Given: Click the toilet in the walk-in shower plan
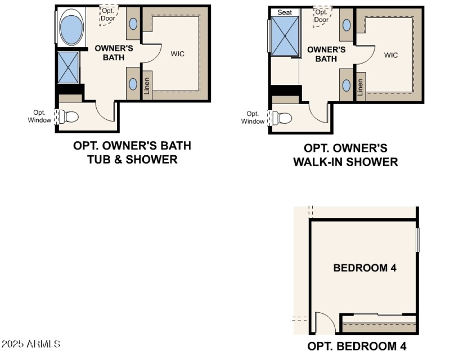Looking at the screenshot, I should (283, 119).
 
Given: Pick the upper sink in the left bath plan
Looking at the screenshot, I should (133, 24).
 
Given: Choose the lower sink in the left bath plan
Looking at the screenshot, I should (133, 84).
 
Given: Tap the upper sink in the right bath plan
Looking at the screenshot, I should (347, 25).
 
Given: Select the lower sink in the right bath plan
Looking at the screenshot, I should (347, 85).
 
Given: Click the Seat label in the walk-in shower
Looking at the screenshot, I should (285, 12).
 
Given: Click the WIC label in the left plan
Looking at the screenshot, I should (178, 53).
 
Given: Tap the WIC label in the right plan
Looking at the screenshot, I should (391, 55).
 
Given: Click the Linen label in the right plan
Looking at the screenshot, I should (361, 88).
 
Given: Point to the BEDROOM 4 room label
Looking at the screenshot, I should (364, 268).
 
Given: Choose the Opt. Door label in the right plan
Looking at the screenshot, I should (321, 16).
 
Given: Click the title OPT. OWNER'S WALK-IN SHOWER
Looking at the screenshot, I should (345, 155).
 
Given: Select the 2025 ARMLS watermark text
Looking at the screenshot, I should (31, 343).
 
